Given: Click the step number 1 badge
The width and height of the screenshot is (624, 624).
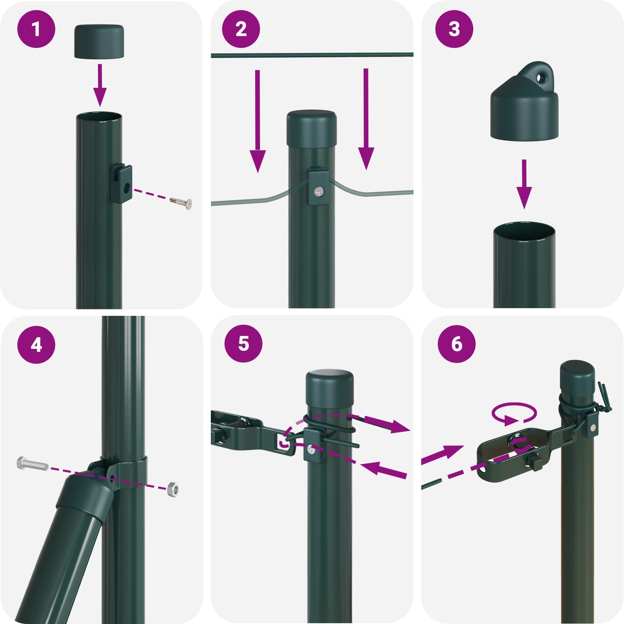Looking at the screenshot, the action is pyautogui.click(x=36, y=29).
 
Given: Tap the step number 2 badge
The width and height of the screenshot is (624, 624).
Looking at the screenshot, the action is pyautogui.click(x=241, y=29).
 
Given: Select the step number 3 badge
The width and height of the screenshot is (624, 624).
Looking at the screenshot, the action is pyautogui.click(x=454, y=29).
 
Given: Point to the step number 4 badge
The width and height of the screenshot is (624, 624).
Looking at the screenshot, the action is pyautogui.click(x=36, y=345).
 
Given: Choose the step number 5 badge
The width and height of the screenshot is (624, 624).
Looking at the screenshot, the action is pyautogui.click(x=243, y=345).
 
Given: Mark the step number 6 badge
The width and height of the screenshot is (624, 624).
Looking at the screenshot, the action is pyautogui.click(x=457, y=345).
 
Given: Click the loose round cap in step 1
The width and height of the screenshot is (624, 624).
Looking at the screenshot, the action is pyautogui.click(x=99, y=41).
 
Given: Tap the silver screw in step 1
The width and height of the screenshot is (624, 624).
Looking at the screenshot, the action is pyautogui.click(x=181, y=202).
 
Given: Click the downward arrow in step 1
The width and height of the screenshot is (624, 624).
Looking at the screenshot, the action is pyautogui.click(x=100, y=85).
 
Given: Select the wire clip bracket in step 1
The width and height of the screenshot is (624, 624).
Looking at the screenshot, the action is pyautogui.click(x=121, y=184).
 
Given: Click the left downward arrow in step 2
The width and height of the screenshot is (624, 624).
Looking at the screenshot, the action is pyautogui.click(x=258, y=121).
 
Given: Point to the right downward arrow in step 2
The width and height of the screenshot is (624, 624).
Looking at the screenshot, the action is pyautogui.click(x=366, y=119).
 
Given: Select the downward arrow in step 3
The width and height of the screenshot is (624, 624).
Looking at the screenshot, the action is pyautogui.click(x=524, y=184).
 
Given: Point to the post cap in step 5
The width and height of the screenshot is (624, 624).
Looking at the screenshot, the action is pyautogui.click(x=330, y=390).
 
